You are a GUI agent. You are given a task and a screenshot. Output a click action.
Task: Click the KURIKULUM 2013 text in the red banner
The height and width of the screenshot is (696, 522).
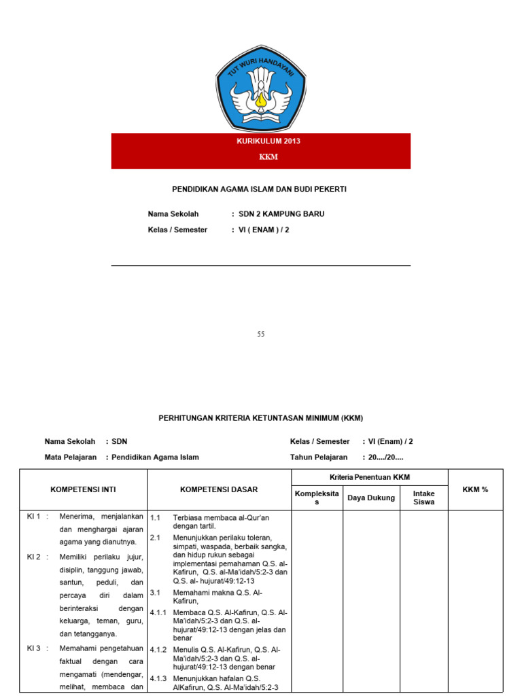(x=268, y=141)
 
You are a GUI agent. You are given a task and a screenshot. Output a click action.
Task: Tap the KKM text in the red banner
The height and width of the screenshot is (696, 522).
(x=268, y=157)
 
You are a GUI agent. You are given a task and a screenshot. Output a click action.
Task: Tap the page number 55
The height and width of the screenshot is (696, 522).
(x=261, y=334)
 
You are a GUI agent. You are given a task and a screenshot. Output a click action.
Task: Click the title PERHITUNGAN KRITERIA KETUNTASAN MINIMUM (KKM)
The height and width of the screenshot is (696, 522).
(x=261, y=418)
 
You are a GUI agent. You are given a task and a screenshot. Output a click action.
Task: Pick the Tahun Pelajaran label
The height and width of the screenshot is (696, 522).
(x=319, y=457)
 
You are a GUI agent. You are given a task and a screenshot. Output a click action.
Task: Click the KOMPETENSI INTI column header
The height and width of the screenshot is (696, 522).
(x=83, y=489)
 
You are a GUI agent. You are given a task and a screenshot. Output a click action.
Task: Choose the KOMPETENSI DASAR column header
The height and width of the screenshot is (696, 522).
(x=219, y=489)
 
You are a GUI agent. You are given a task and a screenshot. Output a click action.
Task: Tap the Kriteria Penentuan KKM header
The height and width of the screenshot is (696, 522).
(x=370, y=477)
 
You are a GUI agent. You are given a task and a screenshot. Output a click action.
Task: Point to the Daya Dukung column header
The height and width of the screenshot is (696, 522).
(x=371, y=498)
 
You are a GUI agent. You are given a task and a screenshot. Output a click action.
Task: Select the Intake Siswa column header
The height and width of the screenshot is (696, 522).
(x=424, y=498)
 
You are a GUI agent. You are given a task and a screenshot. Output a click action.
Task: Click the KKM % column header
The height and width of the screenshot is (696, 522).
(x=476, y=489)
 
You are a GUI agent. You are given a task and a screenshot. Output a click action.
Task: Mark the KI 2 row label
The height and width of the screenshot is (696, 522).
(x=34, y=557)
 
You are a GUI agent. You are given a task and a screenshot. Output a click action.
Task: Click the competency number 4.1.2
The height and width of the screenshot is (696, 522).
(x=158, y=650)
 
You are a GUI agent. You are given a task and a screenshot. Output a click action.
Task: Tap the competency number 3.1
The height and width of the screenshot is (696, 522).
(x=155, y=593)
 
